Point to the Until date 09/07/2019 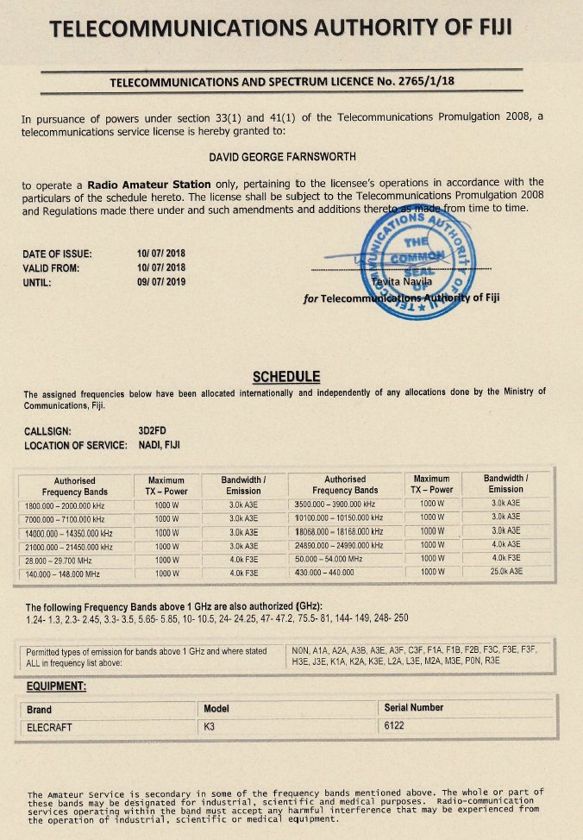click(160, 281)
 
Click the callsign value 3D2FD click(154, 431)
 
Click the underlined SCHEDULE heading click(285, 376)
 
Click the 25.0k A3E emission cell click(505, 572)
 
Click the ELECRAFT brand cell click(49, 727)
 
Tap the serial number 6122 click(395, 726)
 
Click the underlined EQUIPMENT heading click(56, 686)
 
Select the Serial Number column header click(414, 708)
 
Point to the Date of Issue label click(57, 254)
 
